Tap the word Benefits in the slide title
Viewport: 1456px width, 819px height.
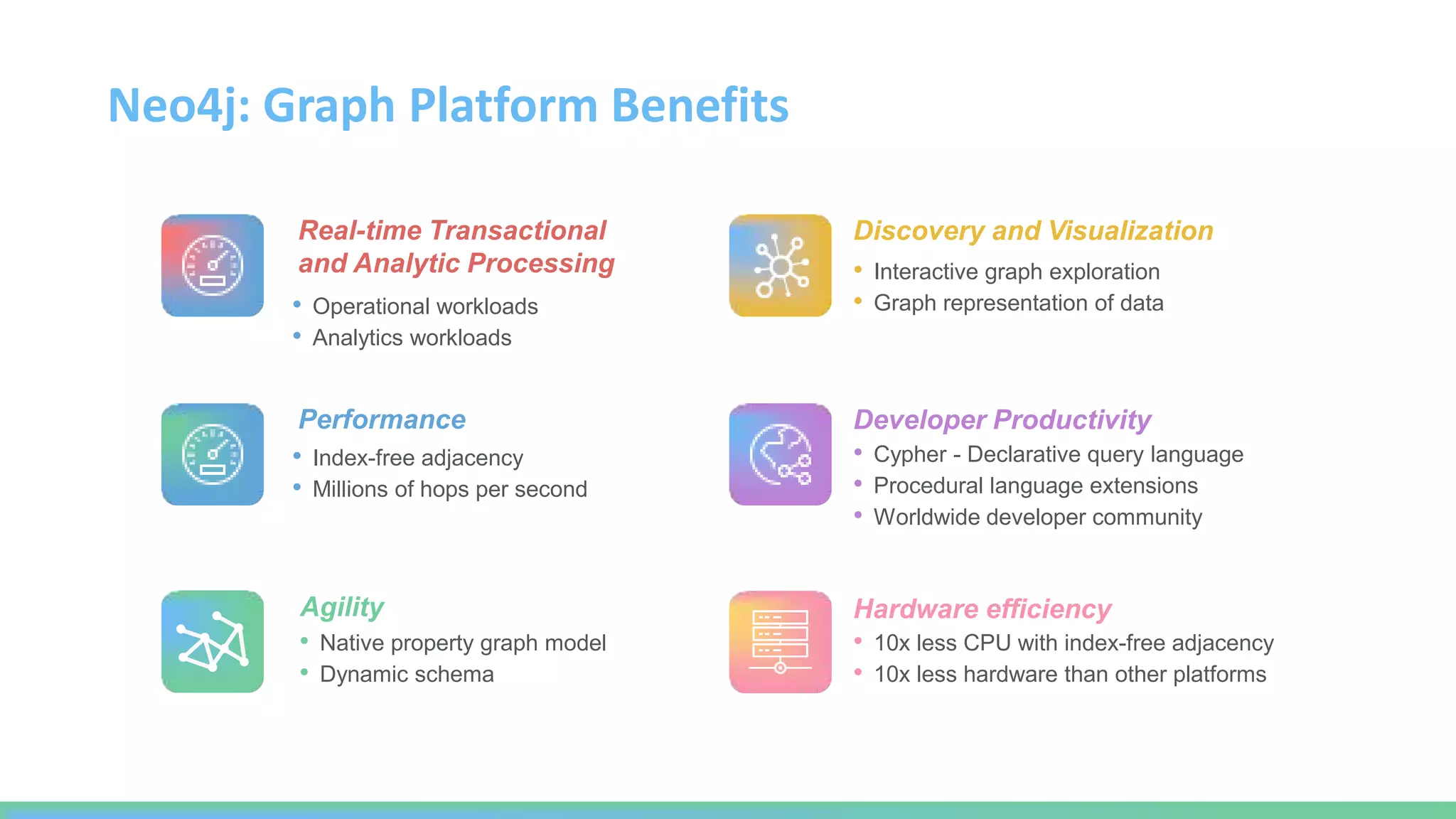pos(700,105)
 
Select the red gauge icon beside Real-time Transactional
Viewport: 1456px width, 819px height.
pos(213,265)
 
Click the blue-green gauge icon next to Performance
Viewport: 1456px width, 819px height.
pos(213,454)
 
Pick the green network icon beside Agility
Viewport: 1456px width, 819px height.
pos(213,641)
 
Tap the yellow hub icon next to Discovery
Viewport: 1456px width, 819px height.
pos(780,265)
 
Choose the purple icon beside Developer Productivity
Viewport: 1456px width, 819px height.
pos(780,454)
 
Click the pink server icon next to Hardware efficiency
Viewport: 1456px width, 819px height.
pos(780,641)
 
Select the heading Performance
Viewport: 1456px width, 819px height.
pos(382,419)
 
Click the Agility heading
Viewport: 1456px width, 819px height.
pos(342,607)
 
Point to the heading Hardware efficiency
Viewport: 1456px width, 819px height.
pos(982,609)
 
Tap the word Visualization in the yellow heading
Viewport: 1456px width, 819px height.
pos(1130,231)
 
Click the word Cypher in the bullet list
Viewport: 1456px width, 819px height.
pos(909,454)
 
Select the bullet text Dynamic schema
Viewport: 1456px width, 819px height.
pos(407,674)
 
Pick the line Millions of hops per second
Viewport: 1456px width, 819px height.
pos(449,489)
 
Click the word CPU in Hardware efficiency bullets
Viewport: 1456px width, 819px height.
pos(987,643)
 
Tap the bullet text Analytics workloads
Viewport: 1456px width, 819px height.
pos(412,338)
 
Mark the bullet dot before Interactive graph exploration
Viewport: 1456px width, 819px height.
pos(858,270)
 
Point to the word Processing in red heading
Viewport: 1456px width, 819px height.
pos(541,264)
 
